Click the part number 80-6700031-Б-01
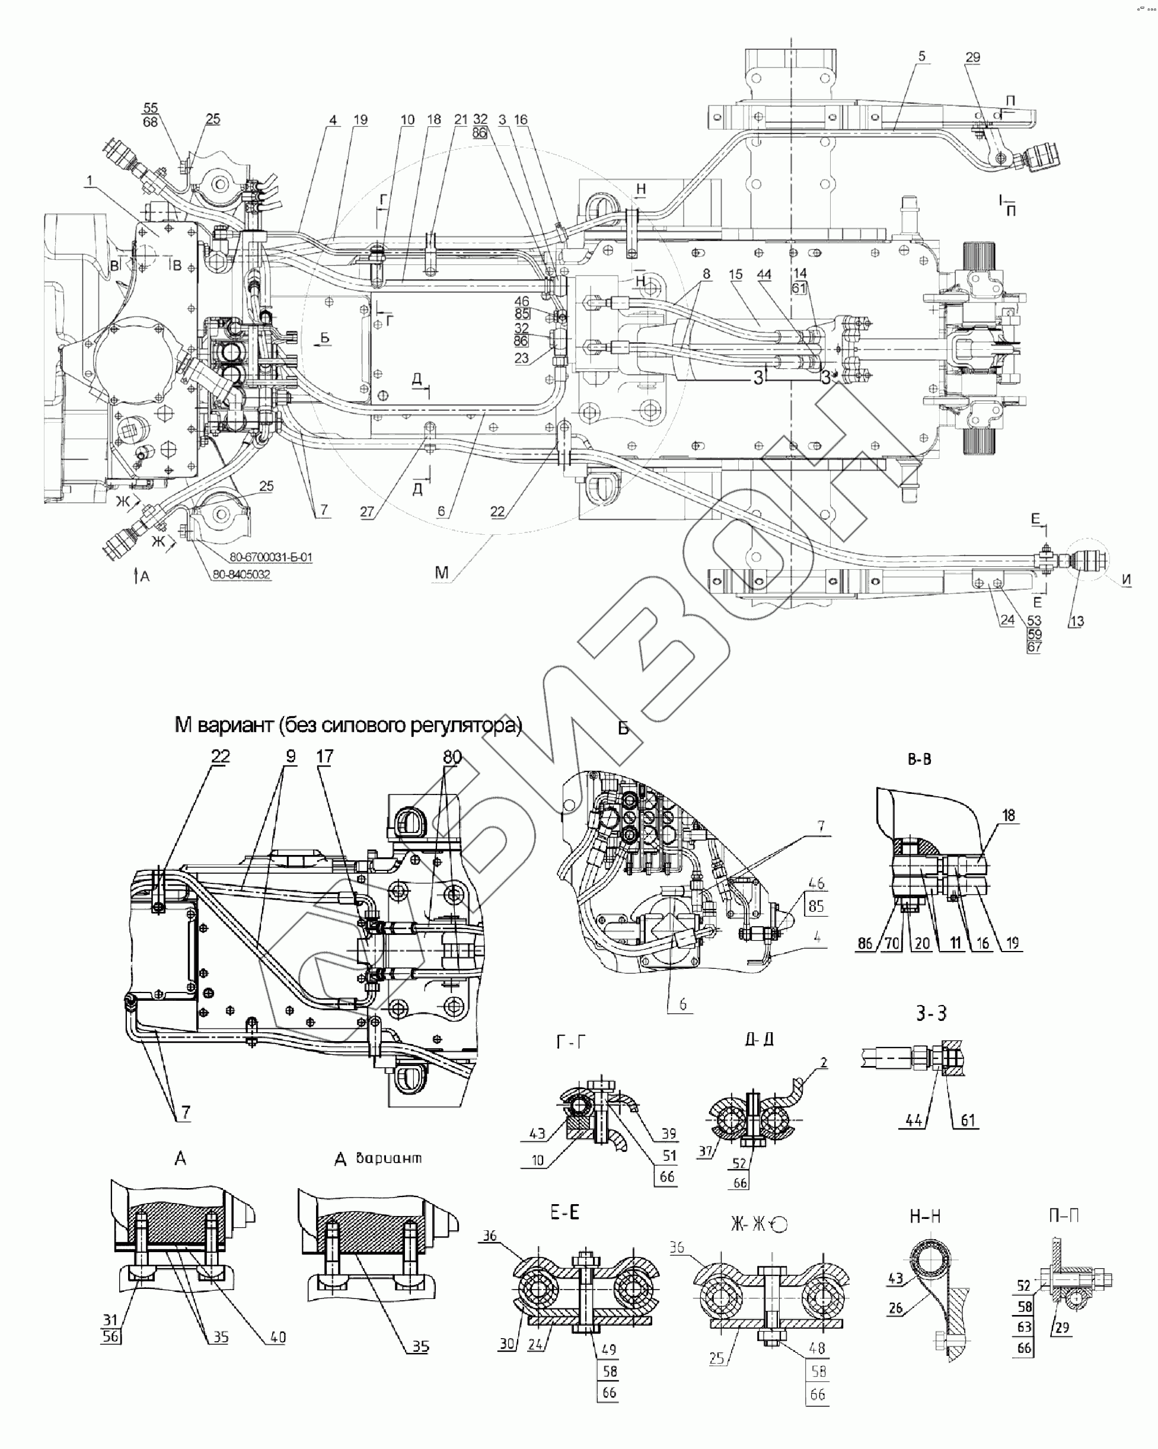[x=270, y=557]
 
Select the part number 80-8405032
[x=241, y=575]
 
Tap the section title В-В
[x=918, y=759]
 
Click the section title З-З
[x=931, y=1013]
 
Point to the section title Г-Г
[x=570, y=1042]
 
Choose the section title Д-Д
[x=759, y=1039]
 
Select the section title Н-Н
[x=925, y=1216]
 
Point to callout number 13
[x=1077, y=621]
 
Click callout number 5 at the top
[x=921, y=56]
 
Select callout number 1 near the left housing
[x=90, y=181]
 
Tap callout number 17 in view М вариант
[x=324, y=756]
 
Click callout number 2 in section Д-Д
[x=824, y=1062]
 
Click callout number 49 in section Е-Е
[x=609, y=1349]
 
